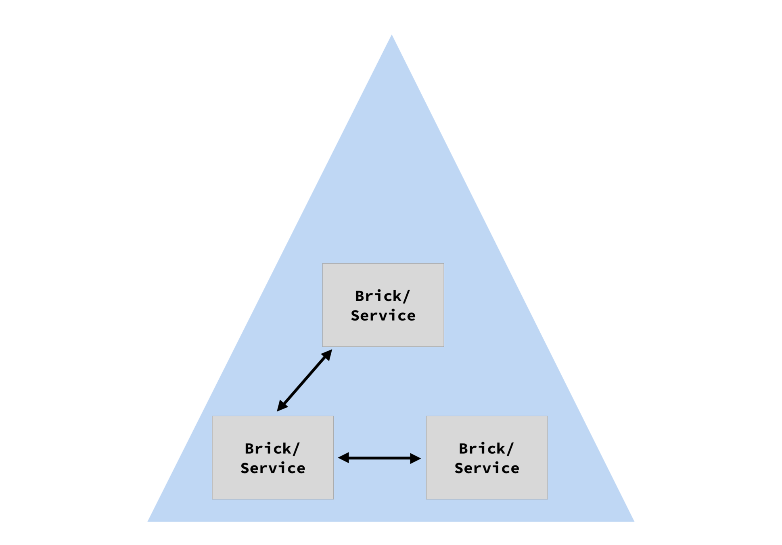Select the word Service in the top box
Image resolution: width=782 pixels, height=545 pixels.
383,316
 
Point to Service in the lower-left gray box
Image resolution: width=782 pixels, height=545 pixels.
273,468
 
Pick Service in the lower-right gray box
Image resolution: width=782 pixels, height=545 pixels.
487,468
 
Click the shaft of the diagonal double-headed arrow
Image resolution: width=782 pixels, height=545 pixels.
305,380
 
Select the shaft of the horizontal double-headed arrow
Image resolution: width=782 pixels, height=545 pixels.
379,458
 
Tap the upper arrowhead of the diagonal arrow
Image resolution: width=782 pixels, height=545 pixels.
328,354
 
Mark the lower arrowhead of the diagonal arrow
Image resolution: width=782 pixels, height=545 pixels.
281,407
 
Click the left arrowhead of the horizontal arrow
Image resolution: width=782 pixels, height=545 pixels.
343,458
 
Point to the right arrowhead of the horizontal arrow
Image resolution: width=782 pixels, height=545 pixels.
416,458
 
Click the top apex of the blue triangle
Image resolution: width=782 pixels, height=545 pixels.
391,36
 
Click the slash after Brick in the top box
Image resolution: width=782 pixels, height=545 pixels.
406,296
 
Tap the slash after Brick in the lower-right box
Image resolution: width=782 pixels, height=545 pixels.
509,449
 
